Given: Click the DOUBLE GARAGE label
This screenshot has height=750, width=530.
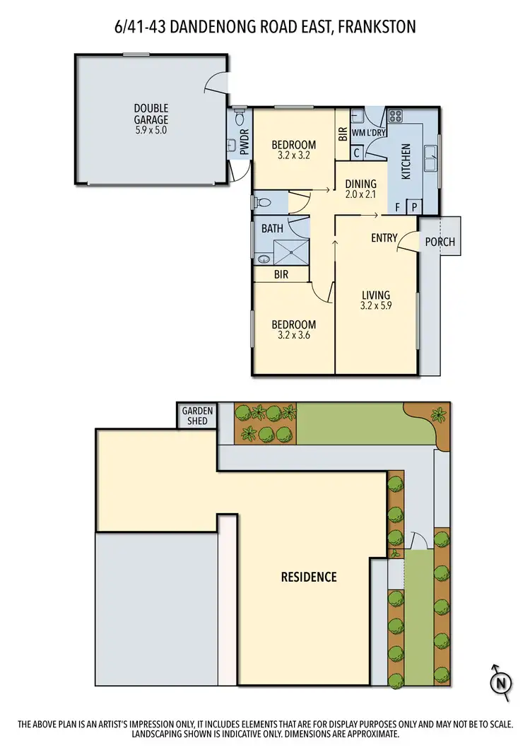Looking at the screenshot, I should (x=151, y=114).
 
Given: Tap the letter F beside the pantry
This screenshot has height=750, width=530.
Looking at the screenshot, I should (x=398, y=207).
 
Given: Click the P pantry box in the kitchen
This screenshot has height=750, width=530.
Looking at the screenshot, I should (x=413, y=207).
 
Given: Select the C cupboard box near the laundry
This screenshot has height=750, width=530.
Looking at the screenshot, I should (x=357, y=152).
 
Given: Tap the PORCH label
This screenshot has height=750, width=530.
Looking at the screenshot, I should (x=440, y=242).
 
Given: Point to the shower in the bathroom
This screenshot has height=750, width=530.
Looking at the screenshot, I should (x=292, y=250).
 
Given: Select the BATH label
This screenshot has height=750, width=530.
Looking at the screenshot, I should (x=272, y=228).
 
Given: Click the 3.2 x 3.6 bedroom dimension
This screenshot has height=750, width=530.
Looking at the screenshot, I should (x=293, y=336).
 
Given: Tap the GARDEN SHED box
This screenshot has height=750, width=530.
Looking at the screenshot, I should (x=197, y=415).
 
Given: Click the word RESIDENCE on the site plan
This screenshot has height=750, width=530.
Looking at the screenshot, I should (x=309, y=577).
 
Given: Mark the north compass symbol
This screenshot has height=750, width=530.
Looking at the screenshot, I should (x=500, y=682).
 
